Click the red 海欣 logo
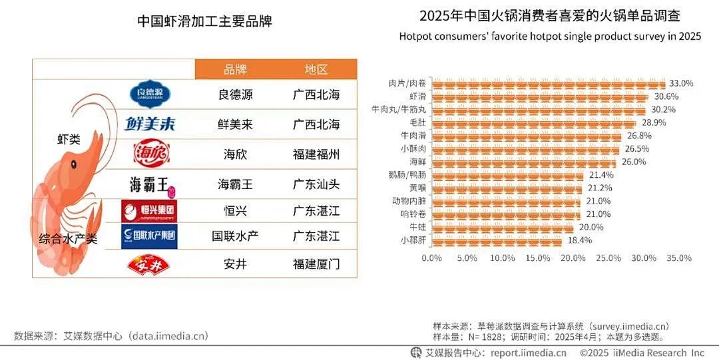pos(148,154)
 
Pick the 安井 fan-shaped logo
pos(148,265)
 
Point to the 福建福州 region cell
pos(316,155)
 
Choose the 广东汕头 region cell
pos(316,183)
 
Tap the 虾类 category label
pos(69,140)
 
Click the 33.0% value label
pos(681,84)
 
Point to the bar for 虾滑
pos(540,97)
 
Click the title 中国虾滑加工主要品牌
pos(204,21)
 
